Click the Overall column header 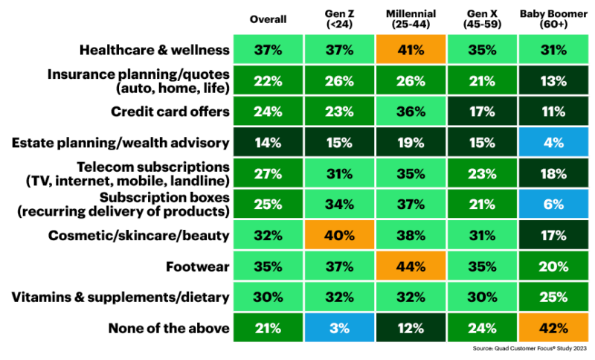coord(266,19)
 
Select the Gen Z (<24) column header coord(338,19)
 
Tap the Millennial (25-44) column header coord(410,19)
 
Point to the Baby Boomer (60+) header coord(553,19)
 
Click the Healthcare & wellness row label coord(155,50)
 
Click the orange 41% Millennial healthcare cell coord(410,51)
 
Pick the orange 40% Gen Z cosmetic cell coord(338,235)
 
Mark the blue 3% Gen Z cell coord(338,327)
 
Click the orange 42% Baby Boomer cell coord(553,327)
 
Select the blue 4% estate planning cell coord(553,143)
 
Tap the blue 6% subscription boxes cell coord(553,204)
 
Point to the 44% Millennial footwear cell coord(410,266)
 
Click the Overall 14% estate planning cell coord(266,143)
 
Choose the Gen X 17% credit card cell coord(482,112)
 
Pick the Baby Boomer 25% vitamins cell coord(553,297)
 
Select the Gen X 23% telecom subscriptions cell coord(482,173)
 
